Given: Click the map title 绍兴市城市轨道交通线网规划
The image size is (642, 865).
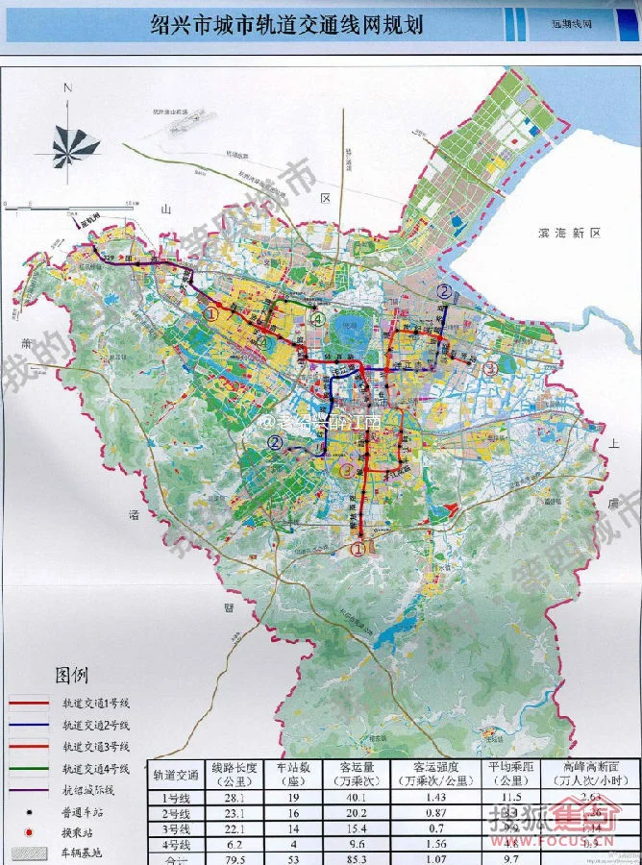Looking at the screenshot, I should (286, 25).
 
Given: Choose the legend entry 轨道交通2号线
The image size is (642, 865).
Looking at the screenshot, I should (95, 725).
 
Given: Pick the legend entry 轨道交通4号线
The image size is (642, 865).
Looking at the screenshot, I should (95, 768).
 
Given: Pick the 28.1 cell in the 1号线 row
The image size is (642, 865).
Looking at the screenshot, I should (235, 797).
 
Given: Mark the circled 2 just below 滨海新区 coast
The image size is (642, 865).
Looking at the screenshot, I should (444, 290).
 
